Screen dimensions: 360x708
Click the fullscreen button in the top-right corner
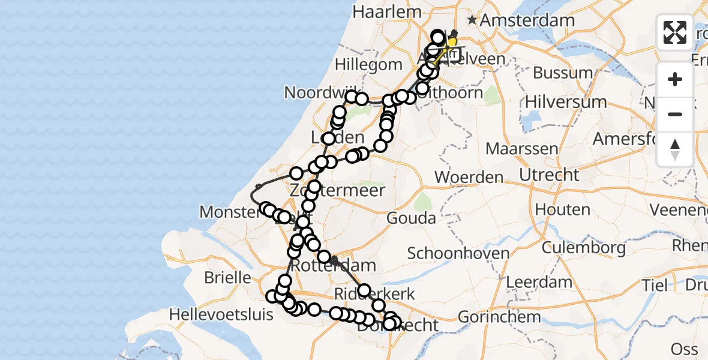tap(675, 32)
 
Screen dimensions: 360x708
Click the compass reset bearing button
tap(675, 149)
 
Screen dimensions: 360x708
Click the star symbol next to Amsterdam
tap(473, 20)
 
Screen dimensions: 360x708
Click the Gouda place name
tap(411, 217)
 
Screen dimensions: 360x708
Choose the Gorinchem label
tap(499, 316)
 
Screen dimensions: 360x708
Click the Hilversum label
tap(566, 101)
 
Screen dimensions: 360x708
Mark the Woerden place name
tap(469, 177)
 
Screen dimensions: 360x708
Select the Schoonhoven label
tap(458, 253)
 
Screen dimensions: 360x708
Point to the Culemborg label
tap(584, 247)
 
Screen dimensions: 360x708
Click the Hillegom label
tap(368, 64)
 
